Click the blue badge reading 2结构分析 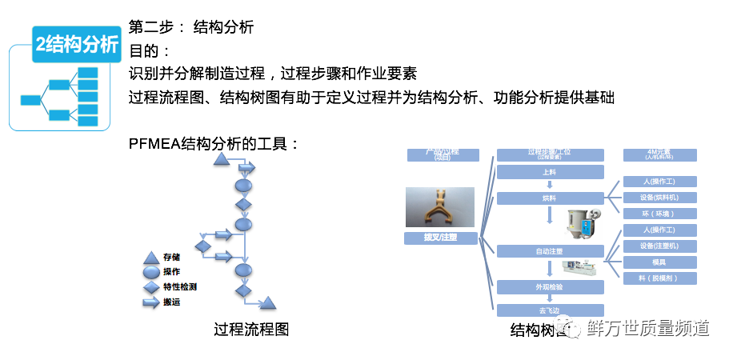tap(77, 45)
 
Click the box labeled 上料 tap(548, 171)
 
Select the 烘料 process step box tap(548, 198)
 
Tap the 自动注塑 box tap(548, 251)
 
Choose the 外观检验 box tap(548, 286)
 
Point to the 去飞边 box tap(548, 310)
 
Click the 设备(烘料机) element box tap(659, 198)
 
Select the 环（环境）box tap(659, 214)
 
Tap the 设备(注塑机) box tap(659, 246)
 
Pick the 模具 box tap(659, 262)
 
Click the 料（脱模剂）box tap(659, 278)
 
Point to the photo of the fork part tap(439, 207)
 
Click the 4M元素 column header tap(659, 155)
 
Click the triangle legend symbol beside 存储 tap(151, 258)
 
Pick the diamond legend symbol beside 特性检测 tap(151, 286)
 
